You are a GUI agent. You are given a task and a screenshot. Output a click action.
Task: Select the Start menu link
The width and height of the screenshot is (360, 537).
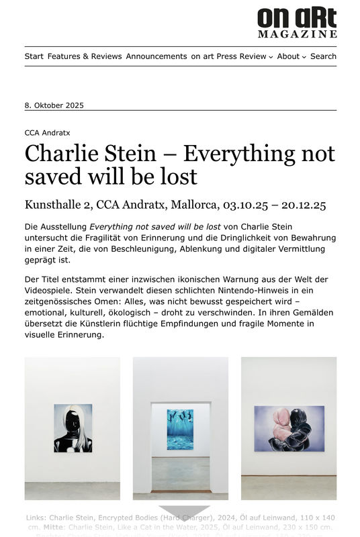[34, 56]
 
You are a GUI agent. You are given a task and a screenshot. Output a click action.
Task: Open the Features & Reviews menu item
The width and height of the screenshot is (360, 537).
[85, 56]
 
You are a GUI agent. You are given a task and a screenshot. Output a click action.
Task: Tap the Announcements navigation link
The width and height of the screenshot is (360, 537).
[156, 56]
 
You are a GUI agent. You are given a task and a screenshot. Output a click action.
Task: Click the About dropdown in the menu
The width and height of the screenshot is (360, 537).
[291, 56]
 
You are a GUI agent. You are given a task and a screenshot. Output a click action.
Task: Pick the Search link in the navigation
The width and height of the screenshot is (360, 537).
[323, 56]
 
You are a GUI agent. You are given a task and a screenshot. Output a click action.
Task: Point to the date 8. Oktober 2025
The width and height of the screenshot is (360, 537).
[54, 105]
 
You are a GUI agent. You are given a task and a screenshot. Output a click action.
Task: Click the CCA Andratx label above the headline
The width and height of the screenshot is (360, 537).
[48, 133]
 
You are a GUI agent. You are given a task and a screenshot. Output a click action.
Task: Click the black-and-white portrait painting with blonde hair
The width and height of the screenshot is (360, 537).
[73, 428]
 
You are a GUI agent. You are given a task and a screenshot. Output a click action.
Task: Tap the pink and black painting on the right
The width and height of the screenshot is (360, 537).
[289, 428]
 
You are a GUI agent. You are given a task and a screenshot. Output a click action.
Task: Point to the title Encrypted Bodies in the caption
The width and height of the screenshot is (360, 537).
[126, 518]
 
